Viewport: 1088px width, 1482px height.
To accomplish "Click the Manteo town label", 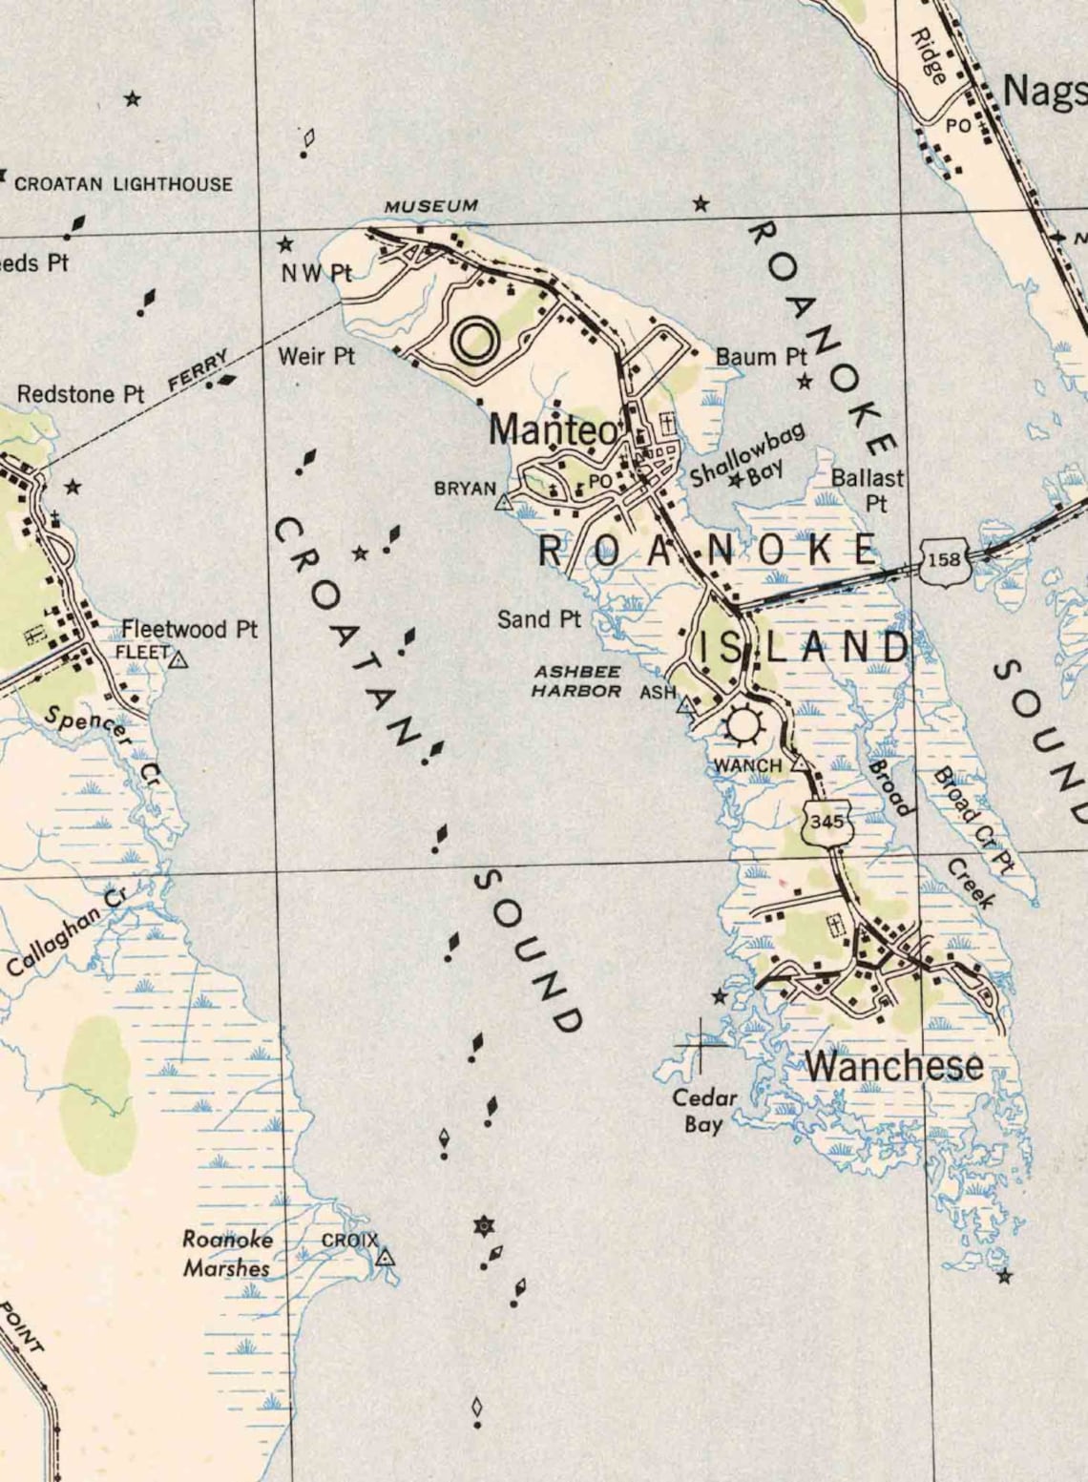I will (x=553, y=430).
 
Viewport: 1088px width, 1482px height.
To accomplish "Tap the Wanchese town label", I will (x=894, y=1066).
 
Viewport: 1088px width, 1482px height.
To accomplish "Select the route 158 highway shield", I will (x=945, y=560).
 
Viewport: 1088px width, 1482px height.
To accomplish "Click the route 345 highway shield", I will (x=823, y=822).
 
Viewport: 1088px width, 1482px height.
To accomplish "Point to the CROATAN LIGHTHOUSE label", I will (x=123, y=183).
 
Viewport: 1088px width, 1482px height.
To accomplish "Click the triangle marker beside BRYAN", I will (x=503, y=502).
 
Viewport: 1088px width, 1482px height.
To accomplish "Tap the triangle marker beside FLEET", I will (x=179, y=658).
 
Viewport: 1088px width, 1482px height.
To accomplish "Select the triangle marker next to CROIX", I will (x=386, y=1257).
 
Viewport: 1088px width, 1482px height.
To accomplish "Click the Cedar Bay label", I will (x=703, y=1111).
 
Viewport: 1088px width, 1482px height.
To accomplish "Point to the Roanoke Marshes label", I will (x=227, y=1254).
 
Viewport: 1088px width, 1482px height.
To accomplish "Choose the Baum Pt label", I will (x=761, y=357).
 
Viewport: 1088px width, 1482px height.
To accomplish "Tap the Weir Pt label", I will (x=316, y=357).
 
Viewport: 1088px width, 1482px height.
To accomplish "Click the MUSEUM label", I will (x=430, y=206).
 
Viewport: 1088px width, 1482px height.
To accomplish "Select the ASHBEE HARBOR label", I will (x=576, y=681).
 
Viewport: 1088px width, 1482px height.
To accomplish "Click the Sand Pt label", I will (x=538, y=619).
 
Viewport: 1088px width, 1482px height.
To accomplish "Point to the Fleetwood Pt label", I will (x=189, y=630).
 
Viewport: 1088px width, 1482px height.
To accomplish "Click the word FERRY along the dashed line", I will (x=199, y=369).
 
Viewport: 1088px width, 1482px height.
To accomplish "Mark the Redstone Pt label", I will (x=80, y=394).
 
